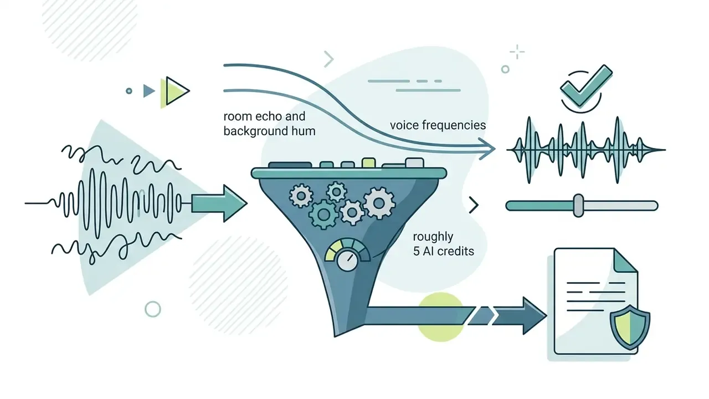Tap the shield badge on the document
coord(630,327)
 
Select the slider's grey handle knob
coord(579,206)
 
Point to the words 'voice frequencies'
coord(438,125)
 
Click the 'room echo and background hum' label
coord(269,124)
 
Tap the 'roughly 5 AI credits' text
coord(444,243)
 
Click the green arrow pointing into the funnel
coord(219,203)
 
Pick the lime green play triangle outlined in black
coord(176,91)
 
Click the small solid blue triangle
coord(148,91)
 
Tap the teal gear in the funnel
coord(323,214)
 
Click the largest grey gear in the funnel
coord(379,203)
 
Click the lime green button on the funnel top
coord(369,162)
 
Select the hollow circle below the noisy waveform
coord(153,309)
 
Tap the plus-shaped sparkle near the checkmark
coord(517,52)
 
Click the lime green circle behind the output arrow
coord(441,316)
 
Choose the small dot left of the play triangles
coord(129,91)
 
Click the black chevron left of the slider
coord(474,205)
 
